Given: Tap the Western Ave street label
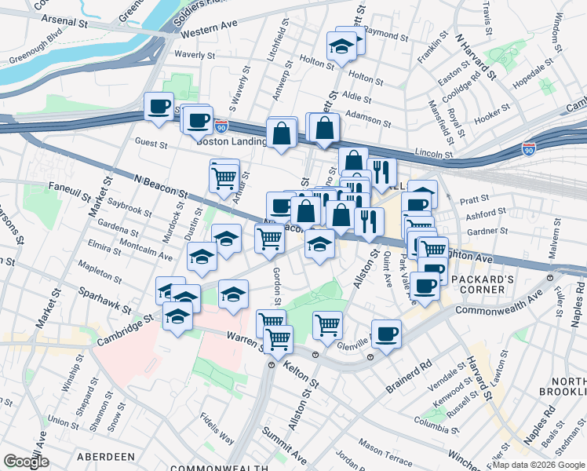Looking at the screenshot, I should (208, 31).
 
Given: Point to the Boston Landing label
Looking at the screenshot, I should (231, 142).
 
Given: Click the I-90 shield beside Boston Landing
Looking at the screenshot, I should (222, 126).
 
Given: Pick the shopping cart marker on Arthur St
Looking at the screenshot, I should (224, 177).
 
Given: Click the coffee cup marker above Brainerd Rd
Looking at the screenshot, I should (385, 334).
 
